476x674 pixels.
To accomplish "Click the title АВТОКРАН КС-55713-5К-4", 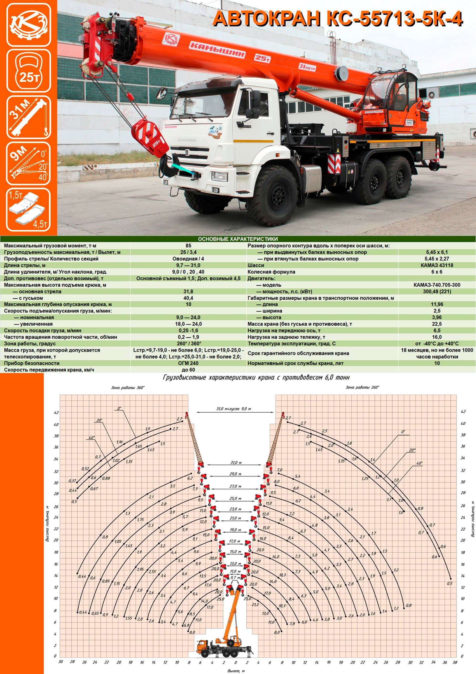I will (x=338, y=19).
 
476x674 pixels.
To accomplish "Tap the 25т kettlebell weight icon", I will (x=29, y=71).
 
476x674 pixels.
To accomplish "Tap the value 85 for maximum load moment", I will (x=188, y=246).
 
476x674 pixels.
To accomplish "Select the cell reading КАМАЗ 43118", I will (x=437, y=265).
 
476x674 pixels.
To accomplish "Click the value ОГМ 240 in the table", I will (x=188, y=363).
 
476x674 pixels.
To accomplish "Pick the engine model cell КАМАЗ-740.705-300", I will (x=437, y=285).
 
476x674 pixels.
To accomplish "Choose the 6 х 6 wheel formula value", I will (x=437, y=272).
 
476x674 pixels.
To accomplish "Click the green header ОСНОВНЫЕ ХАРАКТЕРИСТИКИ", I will (x=238, y=239).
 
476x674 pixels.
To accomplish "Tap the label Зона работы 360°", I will (x=128, y=388).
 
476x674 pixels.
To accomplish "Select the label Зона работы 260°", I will (x=362, y=388).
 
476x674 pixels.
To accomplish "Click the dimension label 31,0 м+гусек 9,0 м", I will (x=234, y=409).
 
